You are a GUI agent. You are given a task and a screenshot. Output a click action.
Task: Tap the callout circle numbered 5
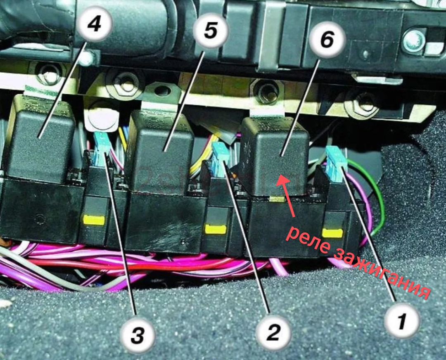210,31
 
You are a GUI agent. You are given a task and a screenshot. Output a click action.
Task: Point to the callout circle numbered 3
138,337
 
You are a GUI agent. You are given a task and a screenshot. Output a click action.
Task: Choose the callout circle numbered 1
401,321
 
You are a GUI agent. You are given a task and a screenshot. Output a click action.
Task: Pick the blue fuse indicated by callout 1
337,161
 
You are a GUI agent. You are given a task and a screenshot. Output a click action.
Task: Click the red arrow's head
282,179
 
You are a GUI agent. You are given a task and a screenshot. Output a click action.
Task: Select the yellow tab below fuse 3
94,220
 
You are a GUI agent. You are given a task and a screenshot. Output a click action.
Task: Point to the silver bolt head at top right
415,39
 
